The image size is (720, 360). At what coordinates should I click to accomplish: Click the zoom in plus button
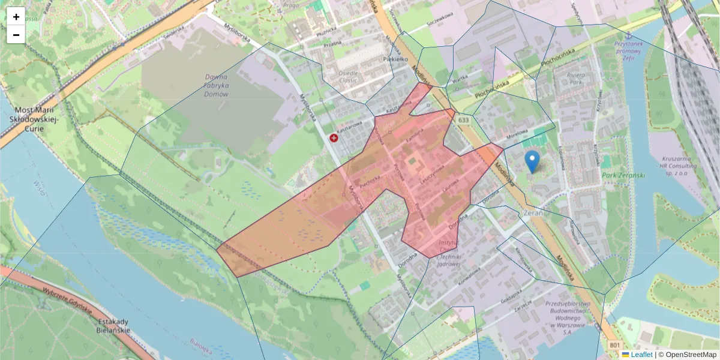(x=16, y=17)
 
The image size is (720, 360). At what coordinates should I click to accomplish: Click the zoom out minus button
(x=16, y=35)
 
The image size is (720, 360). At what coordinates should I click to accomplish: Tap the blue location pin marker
(x=532, y=161)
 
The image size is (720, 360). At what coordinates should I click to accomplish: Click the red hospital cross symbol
(x=334, y=138)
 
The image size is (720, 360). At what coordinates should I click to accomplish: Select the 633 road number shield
(x=463, y=121)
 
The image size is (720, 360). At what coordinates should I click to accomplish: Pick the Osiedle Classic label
(x=348, y=76)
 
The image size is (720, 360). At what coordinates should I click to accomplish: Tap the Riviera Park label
(x=571, y=79)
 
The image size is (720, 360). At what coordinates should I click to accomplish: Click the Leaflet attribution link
(x=641, y=355)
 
